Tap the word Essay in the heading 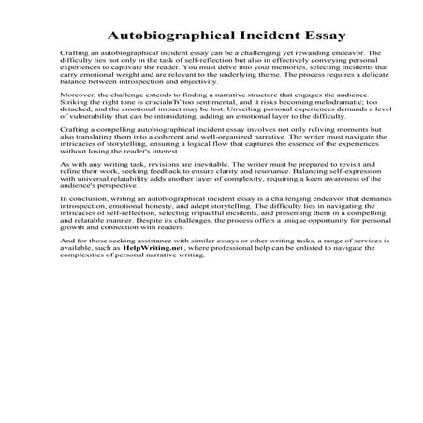pos(292,35)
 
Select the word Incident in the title pos(245,35)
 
